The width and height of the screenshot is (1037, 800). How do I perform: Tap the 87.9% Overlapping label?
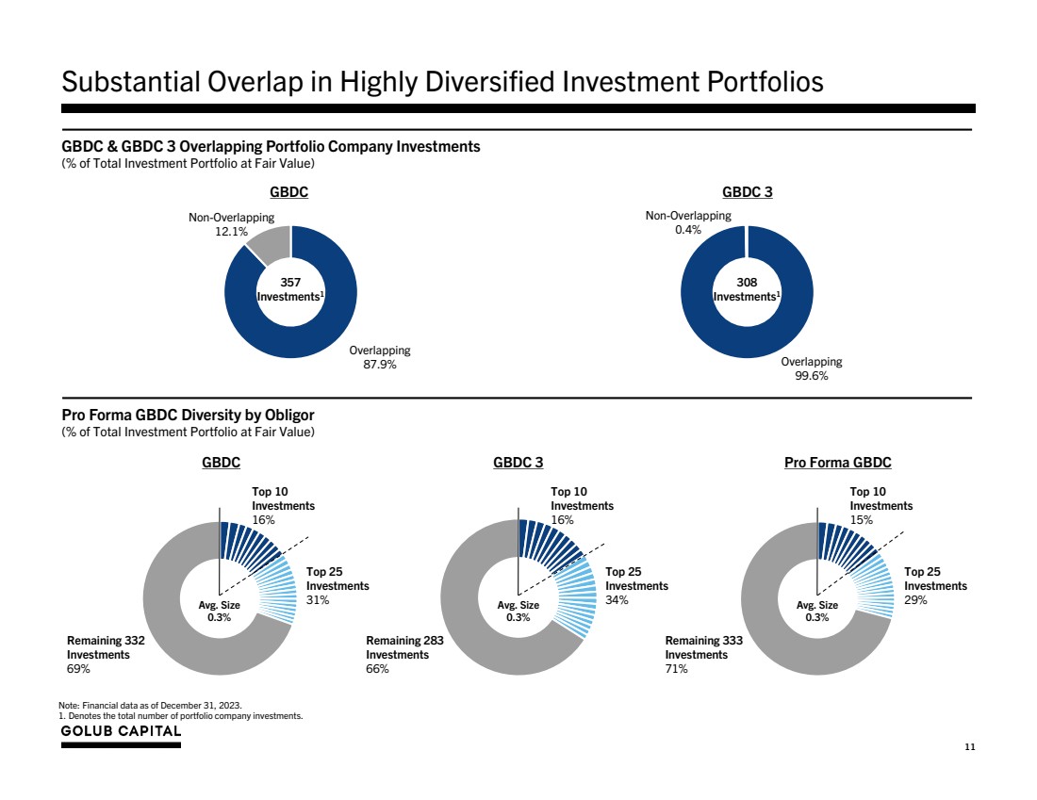[x=380, y=358]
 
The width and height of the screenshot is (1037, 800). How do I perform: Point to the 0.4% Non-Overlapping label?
[x=687, y=222]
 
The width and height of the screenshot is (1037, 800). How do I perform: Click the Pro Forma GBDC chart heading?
[x=837, y=463]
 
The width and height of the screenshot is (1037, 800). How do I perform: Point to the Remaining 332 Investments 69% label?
[x=105, y=654]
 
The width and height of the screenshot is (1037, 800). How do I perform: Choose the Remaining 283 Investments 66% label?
[x=404, y=654]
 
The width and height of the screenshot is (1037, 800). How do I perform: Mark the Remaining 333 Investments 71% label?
[x=703, y=654]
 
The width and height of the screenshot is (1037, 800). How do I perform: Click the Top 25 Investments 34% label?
[x=636, y=585]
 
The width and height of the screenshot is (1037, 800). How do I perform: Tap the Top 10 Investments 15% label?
[x=881, y=505]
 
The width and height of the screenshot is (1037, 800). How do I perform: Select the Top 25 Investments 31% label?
[x=337, y=585]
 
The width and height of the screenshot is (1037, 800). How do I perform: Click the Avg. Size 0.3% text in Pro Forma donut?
[x=816, y=611]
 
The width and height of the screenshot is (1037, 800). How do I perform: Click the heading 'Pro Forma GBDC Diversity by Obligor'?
[x=188, y=416]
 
